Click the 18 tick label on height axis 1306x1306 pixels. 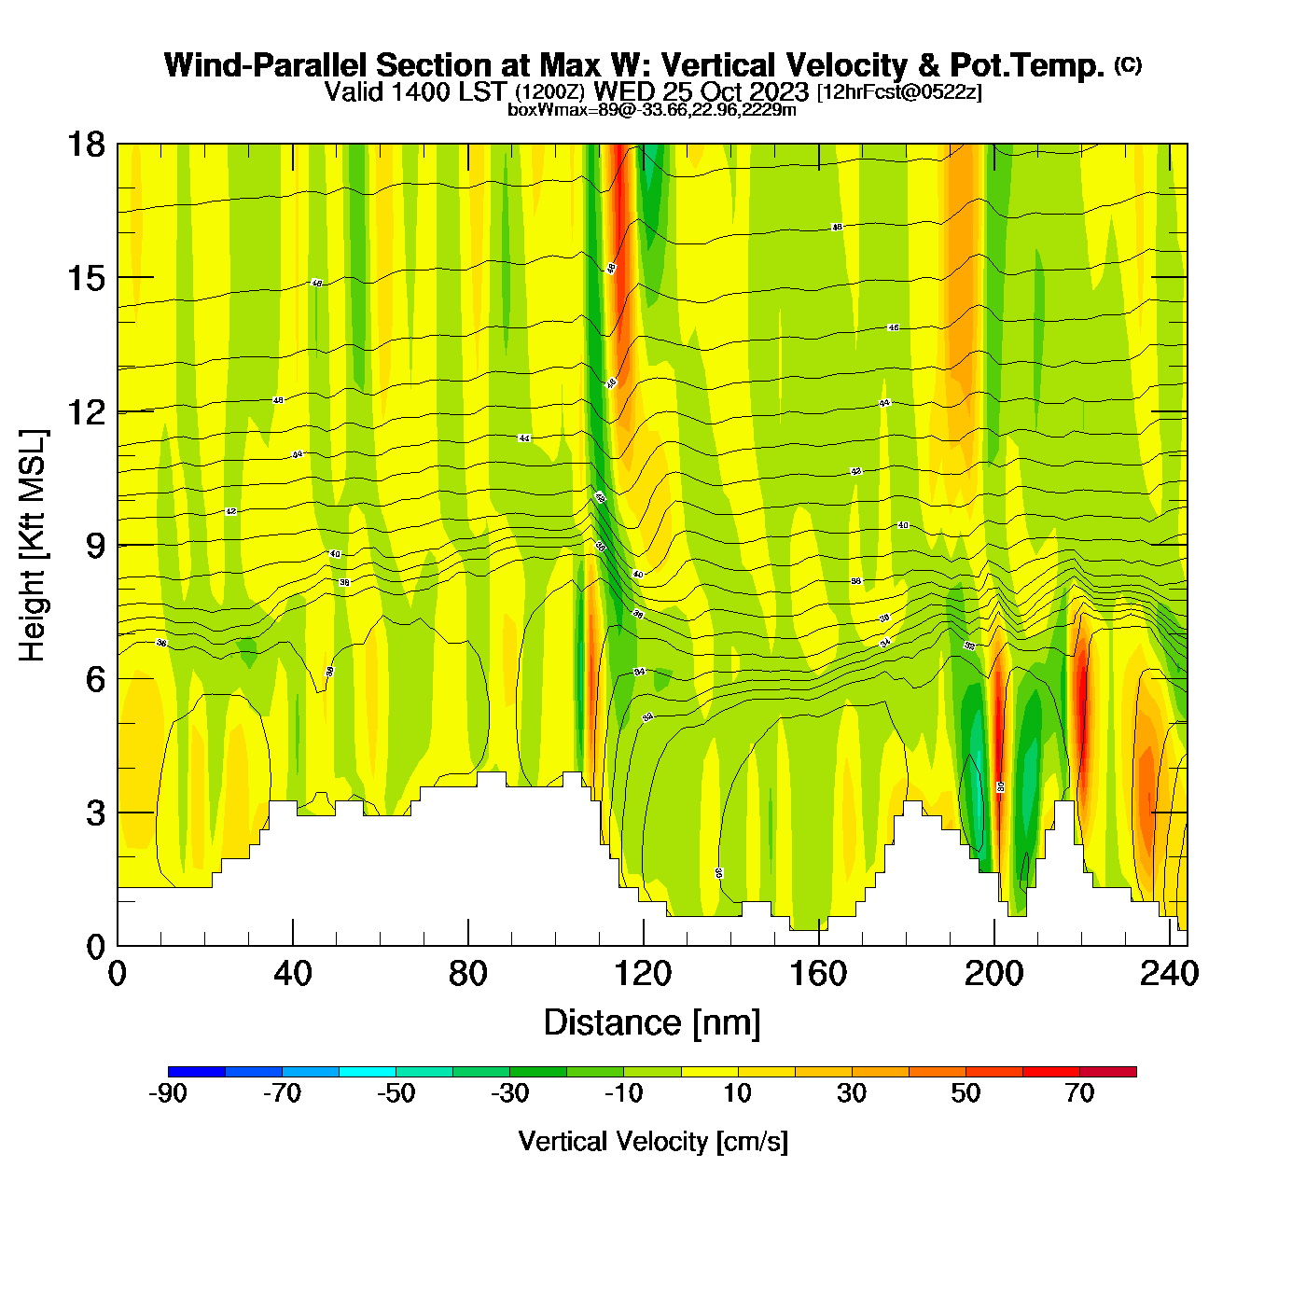point(85,145)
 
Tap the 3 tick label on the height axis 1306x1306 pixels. point(95,813)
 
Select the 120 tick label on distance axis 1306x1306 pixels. point(643,974)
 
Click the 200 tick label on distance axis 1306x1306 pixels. point(993,974)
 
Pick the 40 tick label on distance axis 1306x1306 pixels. point(292,974)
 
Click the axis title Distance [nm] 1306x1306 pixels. point(652,1023)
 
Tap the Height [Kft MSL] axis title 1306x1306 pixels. point(33,546)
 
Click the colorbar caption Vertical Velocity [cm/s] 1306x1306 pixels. point(653,1141)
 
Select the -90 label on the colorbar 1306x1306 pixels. point(168,1093)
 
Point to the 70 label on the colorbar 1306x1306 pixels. point(1079,1093)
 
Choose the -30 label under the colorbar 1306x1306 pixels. point(509,1093)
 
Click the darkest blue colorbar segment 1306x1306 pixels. point(197,1072)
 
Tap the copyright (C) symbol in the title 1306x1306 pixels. point(1127,64)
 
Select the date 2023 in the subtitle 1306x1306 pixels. point(778,92)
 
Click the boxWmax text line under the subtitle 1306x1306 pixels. point(652,110)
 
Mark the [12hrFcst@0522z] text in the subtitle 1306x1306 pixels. point(899,92)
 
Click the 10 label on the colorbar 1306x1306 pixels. point(737,1093)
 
